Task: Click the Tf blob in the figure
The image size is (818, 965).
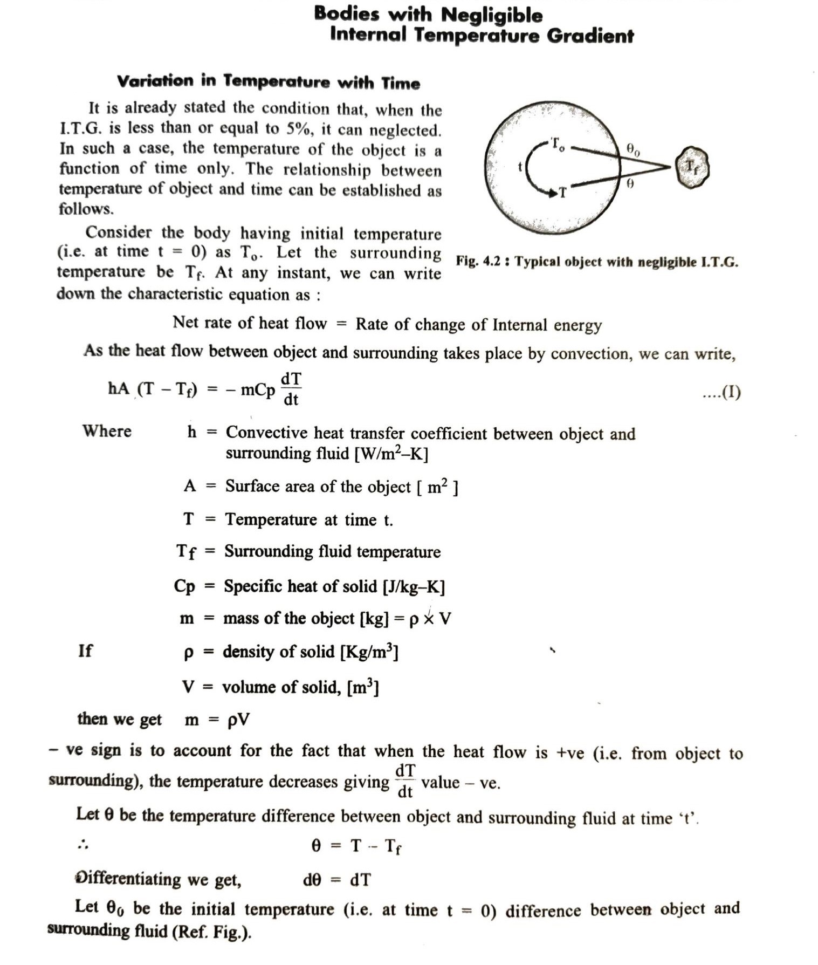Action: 692,167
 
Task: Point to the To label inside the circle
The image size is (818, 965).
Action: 558,145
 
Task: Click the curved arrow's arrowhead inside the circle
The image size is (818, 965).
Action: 553,193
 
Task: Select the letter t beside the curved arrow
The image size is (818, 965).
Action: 520,167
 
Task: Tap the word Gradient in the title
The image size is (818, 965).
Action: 590,36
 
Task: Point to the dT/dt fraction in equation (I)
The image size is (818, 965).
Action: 291,388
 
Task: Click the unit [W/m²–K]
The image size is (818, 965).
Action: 391,454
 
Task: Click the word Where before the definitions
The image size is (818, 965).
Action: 107,431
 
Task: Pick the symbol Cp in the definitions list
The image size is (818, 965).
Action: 184,586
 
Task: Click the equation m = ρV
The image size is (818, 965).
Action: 217,720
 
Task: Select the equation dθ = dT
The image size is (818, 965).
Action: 336,880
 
